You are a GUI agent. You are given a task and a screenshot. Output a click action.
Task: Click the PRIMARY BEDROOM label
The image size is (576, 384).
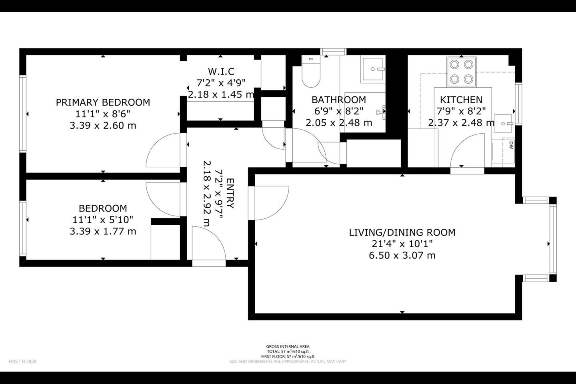103,102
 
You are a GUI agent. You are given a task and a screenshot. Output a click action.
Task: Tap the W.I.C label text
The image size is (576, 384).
221,71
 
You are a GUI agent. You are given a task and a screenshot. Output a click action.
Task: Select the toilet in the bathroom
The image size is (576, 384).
311,72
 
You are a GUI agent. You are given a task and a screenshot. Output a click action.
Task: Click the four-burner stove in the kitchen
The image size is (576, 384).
462,72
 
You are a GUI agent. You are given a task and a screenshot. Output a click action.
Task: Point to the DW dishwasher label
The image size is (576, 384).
511,145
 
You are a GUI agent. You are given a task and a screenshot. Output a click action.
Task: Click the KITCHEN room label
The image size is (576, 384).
461,100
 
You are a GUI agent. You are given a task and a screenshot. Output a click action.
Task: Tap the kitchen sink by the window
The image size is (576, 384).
504,124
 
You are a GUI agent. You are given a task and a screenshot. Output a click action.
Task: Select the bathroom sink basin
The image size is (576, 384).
373,69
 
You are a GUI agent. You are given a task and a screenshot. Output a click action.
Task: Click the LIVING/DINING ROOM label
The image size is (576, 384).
402,232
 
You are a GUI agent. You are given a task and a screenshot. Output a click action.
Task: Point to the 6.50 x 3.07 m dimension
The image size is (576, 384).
402,256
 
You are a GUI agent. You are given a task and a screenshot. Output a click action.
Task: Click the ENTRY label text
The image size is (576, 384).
230,193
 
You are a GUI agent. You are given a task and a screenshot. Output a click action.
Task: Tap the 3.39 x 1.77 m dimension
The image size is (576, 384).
103,232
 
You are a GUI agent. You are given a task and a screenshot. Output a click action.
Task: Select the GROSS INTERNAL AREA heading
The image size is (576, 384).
288,346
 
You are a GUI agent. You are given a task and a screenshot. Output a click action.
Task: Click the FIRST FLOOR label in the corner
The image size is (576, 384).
23,362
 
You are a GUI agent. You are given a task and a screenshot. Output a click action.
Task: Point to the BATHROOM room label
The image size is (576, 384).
339,100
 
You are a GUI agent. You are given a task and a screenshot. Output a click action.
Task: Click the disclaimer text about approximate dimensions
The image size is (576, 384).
288,361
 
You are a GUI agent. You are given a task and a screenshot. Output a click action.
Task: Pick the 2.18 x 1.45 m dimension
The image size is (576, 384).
221,94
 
